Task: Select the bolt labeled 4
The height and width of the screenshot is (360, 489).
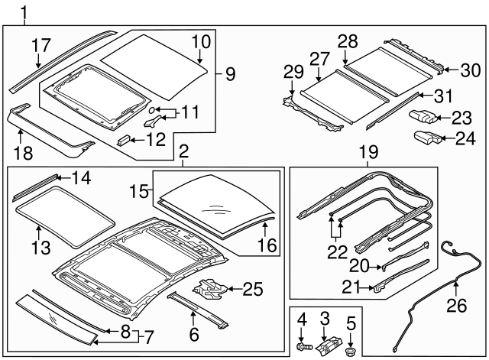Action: click(x=301, y=347)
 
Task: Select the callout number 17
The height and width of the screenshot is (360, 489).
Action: click(x=40, y=46)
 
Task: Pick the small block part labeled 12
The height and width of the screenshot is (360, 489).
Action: click(x=123, y=141)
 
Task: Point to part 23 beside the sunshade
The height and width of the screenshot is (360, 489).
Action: click(x=425, y=116)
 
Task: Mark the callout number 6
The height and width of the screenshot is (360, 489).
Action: click(x=194, y=334)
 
